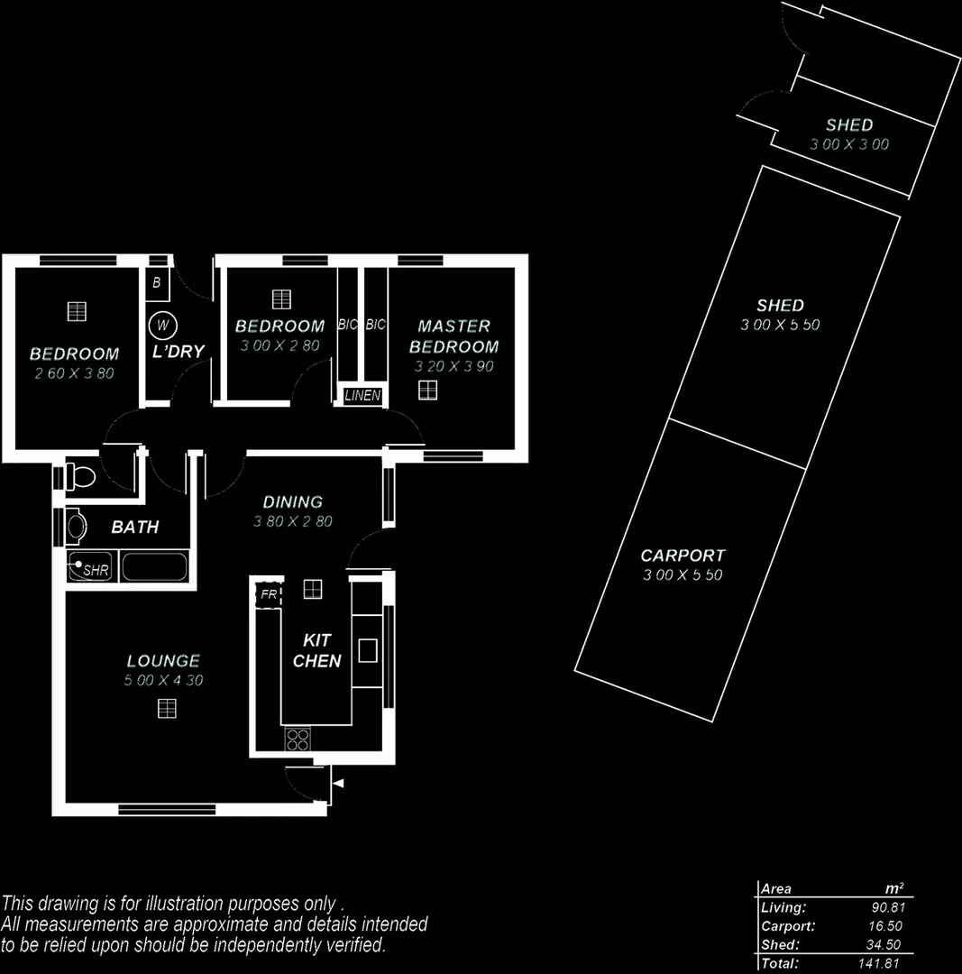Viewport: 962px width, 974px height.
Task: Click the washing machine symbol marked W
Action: pos(162,325)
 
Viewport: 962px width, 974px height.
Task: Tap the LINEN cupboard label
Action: pos(362,396)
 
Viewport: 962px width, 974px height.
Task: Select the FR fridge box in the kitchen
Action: pos(268,595)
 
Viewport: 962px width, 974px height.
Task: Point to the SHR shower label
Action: pos(95,570)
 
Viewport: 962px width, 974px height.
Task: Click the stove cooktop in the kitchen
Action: pos(298,739)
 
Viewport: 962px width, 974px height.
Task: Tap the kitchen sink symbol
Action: pos(367,650)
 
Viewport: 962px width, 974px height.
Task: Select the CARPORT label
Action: pos(683,556)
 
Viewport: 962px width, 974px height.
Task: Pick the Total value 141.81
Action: pos(882,964)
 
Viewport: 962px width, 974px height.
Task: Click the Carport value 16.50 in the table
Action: pos(884,926)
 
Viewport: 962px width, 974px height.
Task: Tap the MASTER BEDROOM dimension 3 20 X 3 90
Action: pos(454,367)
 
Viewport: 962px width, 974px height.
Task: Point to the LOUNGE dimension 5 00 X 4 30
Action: pos(163,681)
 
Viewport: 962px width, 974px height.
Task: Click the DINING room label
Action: pos(292,502)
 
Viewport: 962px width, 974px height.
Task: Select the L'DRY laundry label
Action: pos(178,352)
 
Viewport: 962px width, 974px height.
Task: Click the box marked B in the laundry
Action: pos(157,283)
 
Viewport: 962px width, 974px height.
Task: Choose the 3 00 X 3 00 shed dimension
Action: pos(849,144)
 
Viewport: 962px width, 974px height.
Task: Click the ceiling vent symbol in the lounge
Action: pos(167,709)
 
